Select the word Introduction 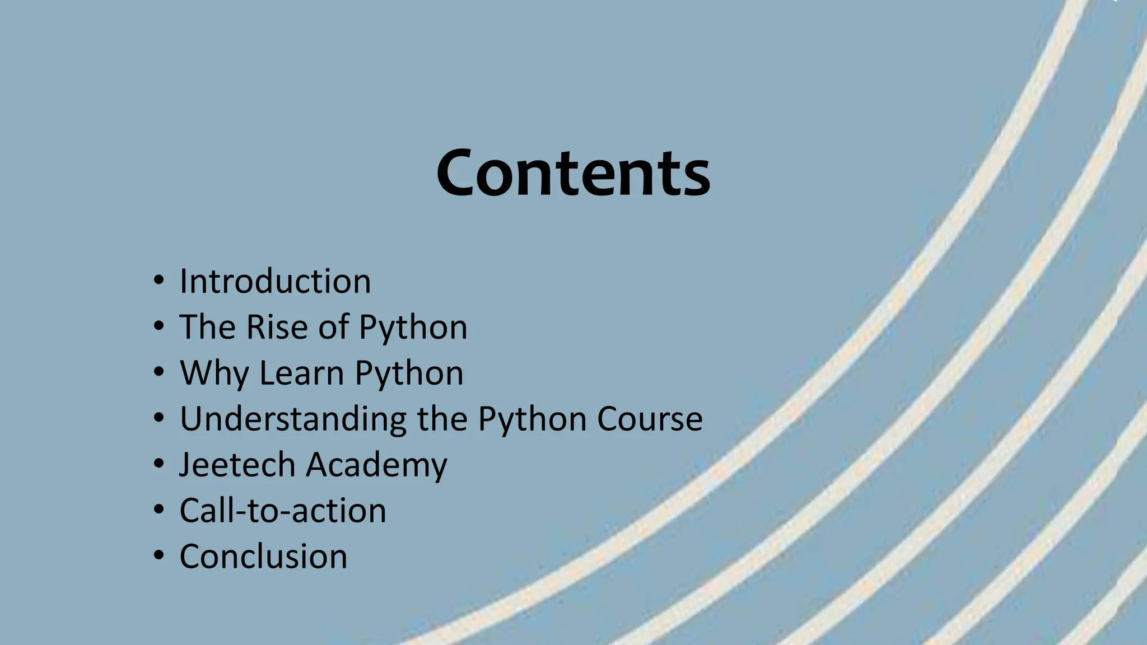tap(275, 281)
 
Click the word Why tap(214, 373)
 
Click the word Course tap(650, 419)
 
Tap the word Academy tap(376, 465)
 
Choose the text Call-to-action tap(283, 511)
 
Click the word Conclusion tap(263, 557)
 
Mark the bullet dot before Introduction tap(159, 279)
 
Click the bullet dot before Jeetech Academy tap(159, 463)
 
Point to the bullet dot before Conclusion tap(159, 555)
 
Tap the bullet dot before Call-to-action tap(159, 509)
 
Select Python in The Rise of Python tap(413, 327)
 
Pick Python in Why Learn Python tap(409, 373)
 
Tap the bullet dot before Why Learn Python tap(159, 371)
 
